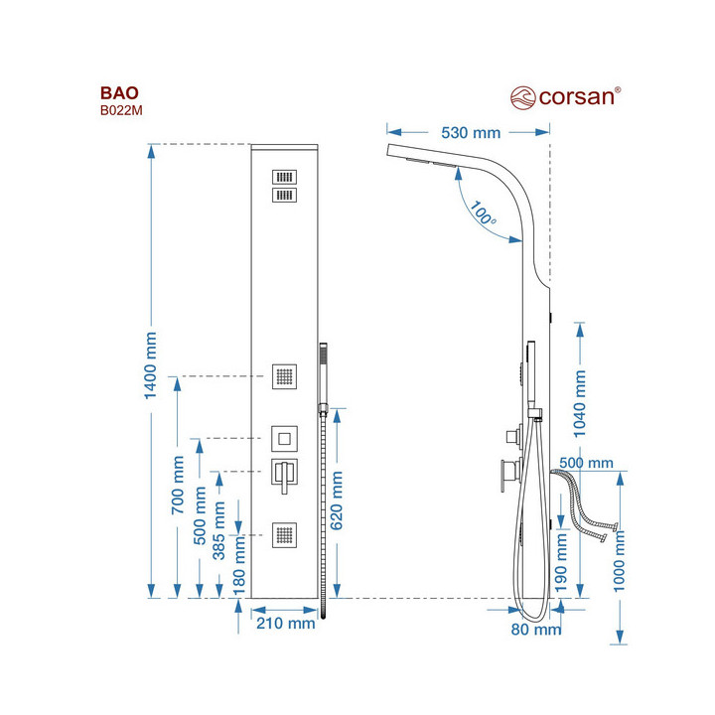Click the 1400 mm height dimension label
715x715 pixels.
point(151,365)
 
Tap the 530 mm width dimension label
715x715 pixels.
point(471,133)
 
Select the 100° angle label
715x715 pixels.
point(484,214)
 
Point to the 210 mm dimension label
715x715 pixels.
point(285,624)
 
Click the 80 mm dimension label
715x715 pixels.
point(536,629)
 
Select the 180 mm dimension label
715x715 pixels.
point(238,576)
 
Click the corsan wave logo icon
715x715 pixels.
point(522,97)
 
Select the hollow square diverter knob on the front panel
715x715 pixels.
point(285,438)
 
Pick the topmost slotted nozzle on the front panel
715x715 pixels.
point(285,175)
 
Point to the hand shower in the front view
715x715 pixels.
point(323,372)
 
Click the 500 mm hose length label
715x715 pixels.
point(586,463)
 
